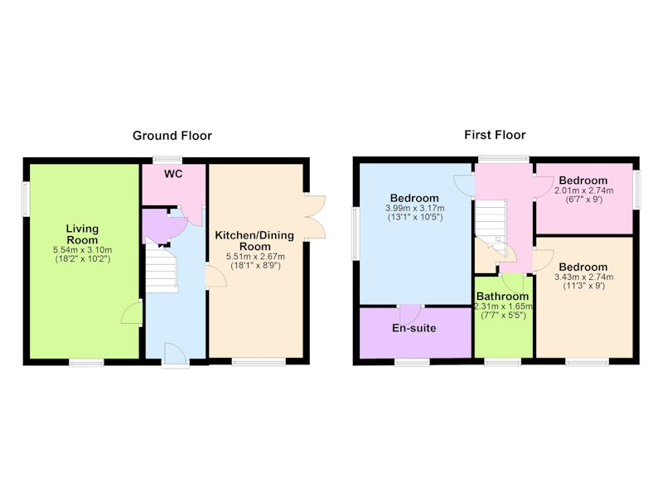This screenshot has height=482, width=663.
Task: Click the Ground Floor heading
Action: pyautogui.click(x=172, y=136)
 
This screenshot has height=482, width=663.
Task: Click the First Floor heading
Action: pyautogui.click(x=495, y=135)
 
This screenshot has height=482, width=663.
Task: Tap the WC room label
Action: pyautogui.click(x=173, y=174)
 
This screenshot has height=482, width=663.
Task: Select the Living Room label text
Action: pyautogui.click(x=82, y=234)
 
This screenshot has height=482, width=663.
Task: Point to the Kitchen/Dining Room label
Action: pyautogui.click(x=254, y=241)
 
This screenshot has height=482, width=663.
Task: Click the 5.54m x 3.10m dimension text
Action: pyautogui.click(x=82, y=250)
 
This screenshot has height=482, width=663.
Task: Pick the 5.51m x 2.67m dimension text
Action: pyautogui.click(x=255, y=257)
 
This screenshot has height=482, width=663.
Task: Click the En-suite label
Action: pyautogui.click(x=414, y=328)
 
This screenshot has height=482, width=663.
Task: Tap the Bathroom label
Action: pyautogui.click(x=502, y=296)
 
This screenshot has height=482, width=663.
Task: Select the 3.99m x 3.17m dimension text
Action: pyautogui.click(x=415, y=208)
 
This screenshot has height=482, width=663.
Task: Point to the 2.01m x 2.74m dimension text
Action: pyautogui.click(x=583, y=190)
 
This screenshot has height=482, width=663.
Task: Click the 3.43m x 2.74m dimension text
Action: pyautogui.click(x=583, y=277)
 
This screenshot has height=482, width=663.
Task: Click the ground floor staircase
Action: pyautogui.click(x=161, y=267)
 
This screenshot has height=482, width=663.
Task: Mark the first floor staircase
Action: pyautogui.click(x=491, y=227)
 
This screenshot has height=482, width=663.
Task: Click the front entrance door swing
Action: pyautogui.click(x=175, y=354)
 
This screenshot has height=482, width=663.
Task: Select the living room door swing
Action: pyautogui.click(x=131, y=313)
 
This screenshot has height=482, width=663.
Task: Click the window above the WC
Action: pyautogui.click(x=168, y=160)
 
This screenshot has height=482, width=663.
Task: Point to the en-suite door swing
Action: pyautogui.click(x=410, y=314)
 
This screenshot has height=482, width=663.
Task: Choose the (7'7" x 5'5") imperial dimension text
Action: pyautogui.click(x=503, y=316)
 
